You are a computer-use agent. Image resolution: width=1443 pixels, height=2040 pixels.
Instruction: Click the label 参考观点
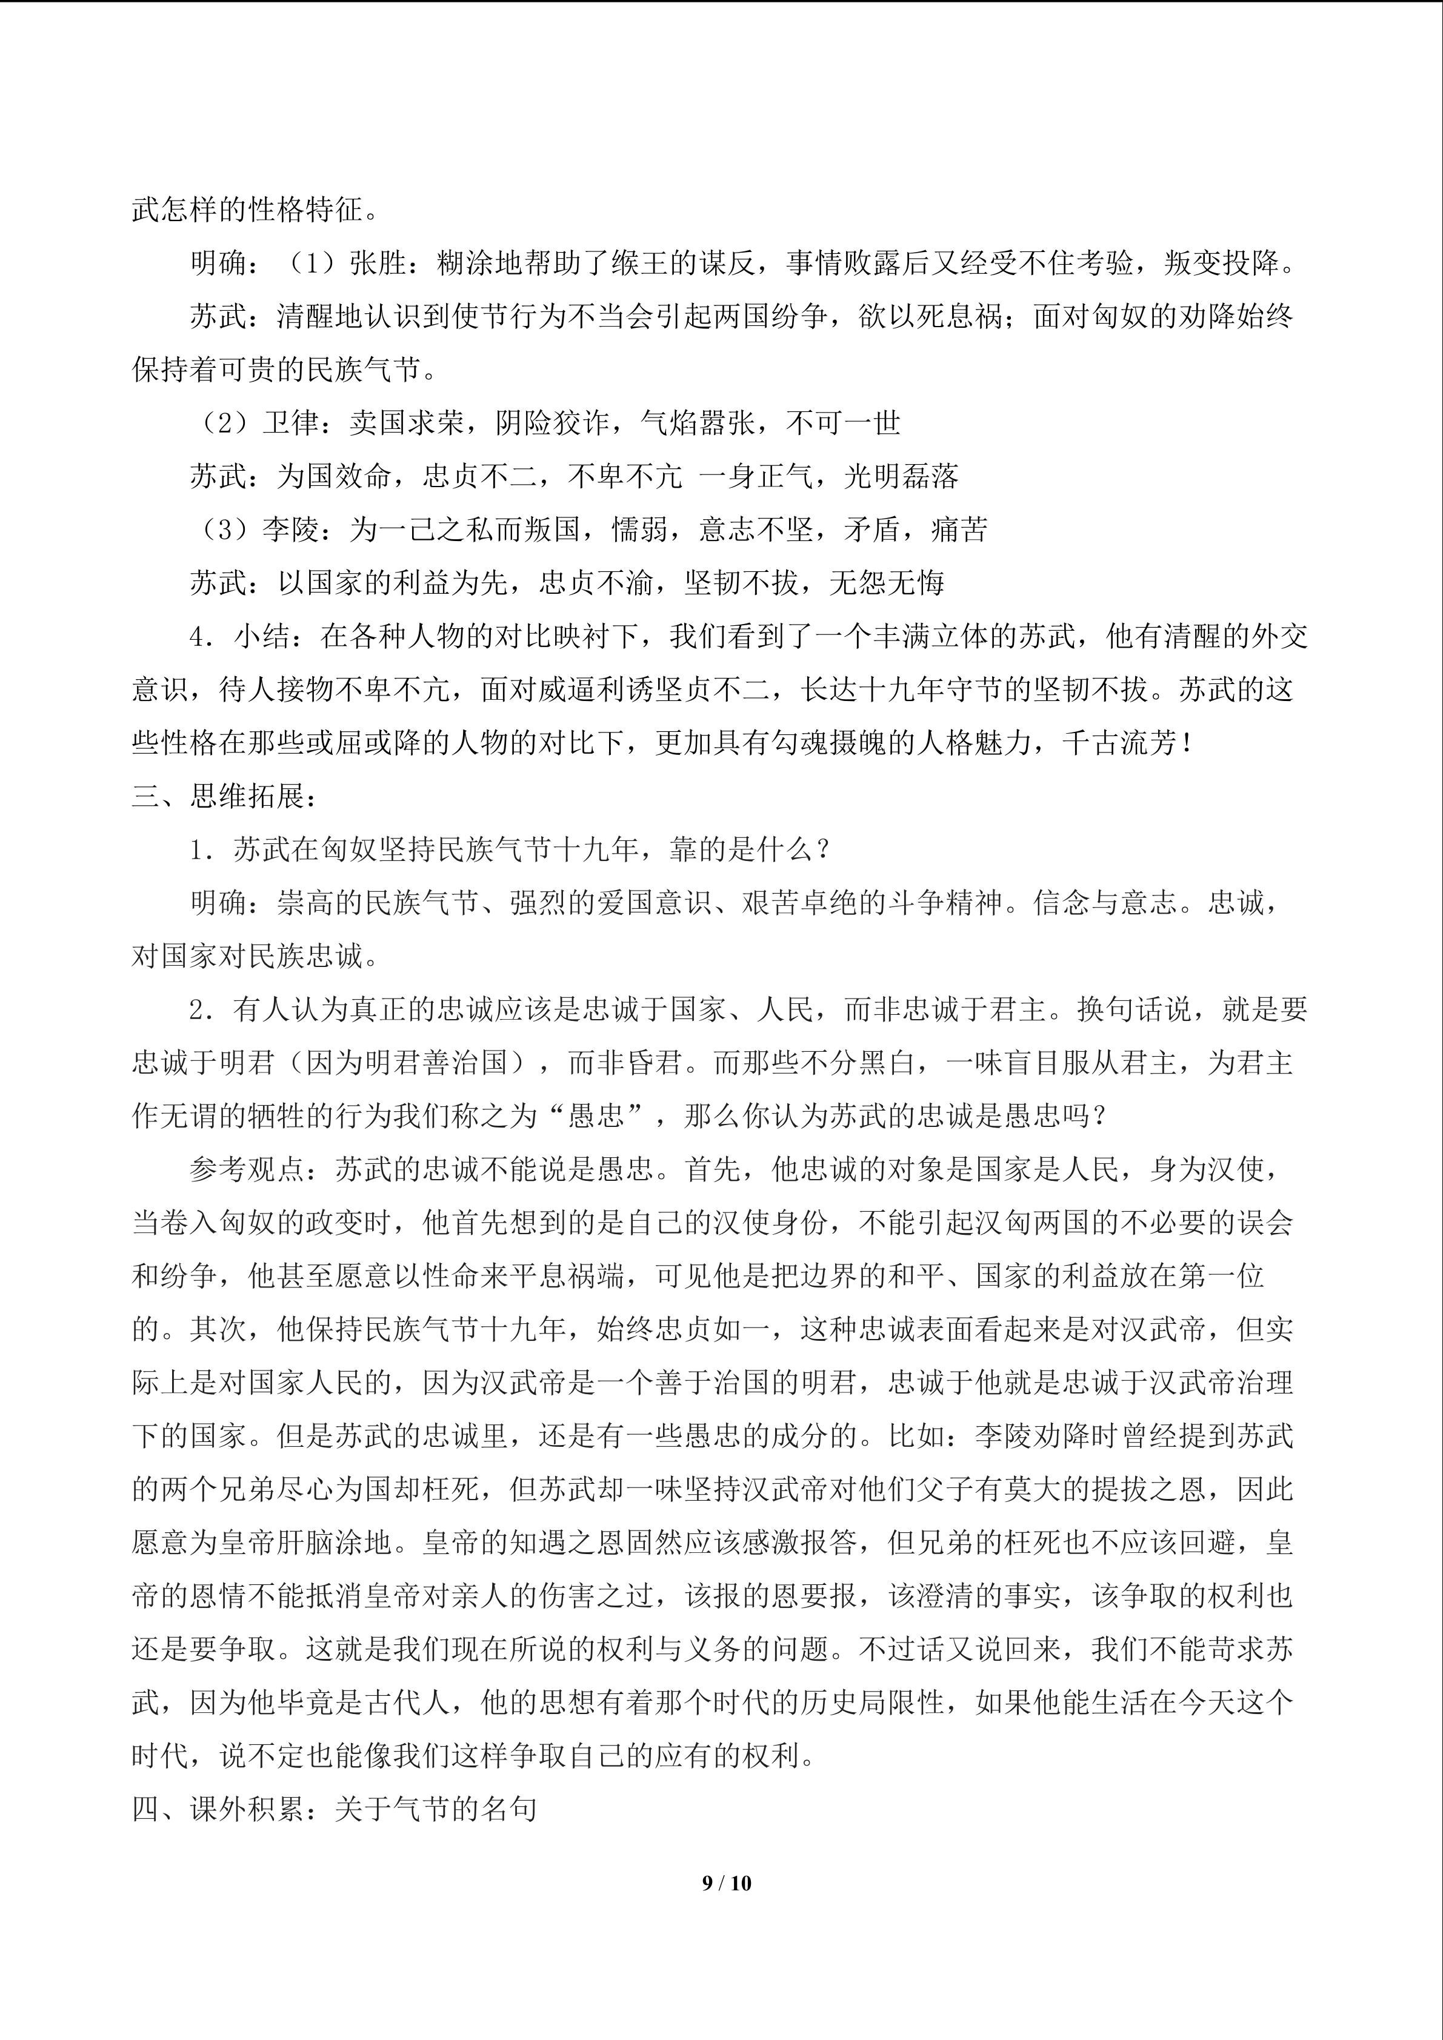click(x=247, y=1169)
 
